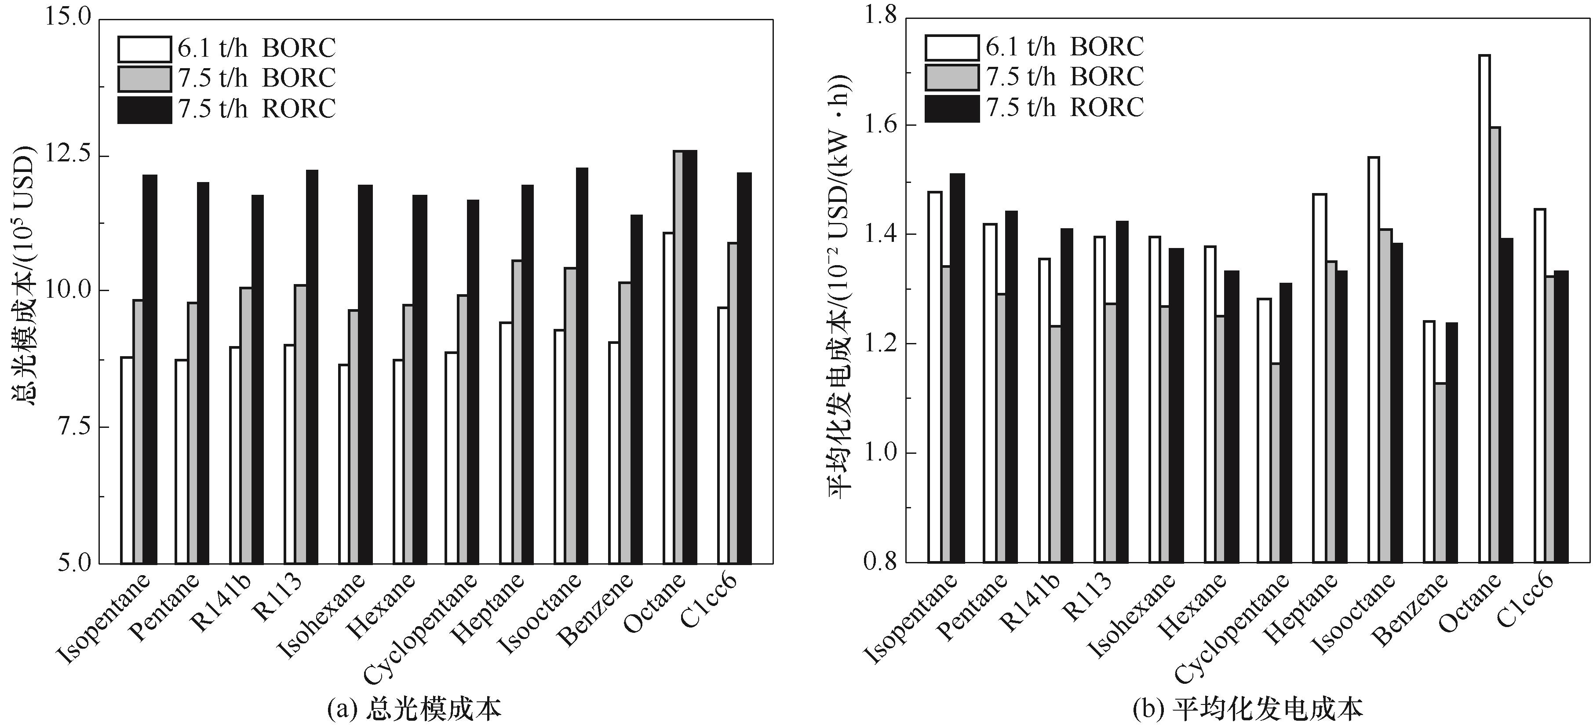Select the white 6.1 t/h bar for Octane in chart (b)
click(1484, 309)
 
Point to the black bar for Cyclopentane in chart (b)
click(1286, 423)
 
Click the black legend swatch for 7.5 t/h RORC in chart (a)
click(145, 109)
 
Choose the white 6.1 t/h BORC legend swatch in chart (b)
click(952, 47)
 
